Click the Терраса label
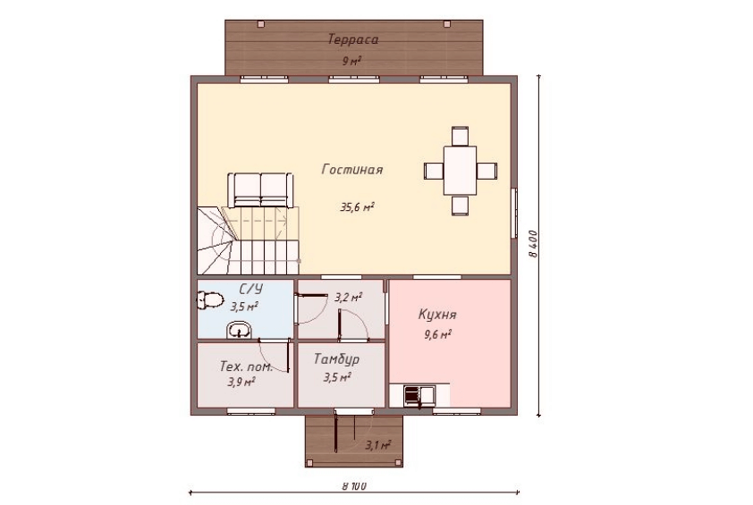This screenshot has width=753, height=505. (x=353, y=39)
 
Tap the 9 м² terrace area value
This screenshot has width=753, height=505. (x=351, y=61)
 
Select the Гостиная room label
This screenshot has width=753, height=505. (x=352, y=170)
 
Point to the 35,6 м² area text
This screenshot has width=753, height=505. (x=358, y=207)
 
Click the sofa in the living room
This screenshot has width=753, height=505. (x=261, y=190)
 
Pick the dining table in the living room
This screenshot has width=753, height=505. (x=460, y=171)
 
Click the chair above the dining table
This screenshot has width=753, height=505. (x=460, y=136)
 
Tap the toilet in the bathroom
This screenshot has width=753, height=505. (x=210, y=300)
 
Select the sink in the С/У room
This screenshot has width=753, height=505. (x=239, y=330)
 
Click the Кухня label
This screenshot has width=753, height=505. (x=437, y=315)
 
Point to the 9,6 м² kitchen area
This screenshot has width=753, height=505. (x=437, y=334)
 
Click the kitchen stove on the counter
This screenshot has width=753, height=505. (x=412, y=395)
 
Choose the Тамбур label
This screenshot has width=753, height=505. (x=336, y=359)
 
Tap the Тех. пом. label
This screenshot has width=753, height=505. (x=246, y=366)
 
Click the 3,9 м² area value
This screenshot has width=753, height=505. (x=241, y=383)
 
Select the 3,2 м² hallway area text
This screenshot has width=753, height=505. (x=348, y=298)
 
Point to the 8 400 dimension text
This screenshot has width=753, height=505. (x=534, y=245)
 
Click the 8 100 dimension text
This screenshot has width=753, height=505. (x=355, y=486)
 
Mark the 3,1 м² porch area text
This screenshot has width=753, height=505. (x=377, y=445)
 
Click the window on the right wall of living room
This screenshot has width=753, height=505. (x=514, y=213)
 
